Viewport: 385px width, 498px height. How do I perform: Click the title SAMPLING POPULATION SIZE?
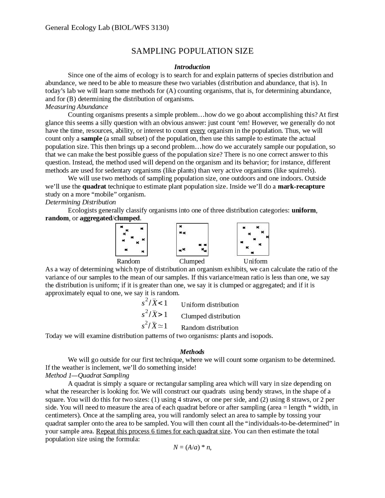[x=192, y=51]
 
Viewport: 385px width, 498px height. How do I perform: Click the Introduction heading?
[x=192, y=67]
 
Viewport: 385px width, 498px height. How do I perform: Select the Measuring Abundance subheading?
[x=76, y=107]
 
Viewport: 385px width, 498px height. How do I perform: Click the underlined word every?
[x=198, y=131]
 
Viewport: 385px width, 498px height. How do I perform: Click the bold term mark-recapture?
[x=301, y=186]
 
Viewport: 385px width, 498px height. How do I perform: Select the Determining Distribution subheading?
[x=80, y=202]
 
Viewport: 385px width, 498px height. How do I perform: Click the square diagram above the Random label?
[x=131, y=239]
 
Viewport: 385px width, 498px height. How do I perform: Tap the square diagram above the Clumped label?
[x=192, y=239]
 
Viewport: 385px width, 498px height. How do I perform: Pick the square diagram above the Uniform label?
[x=253, y=239]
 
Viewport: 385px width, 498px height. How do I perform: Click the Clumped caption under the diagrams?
[x=192, y=261]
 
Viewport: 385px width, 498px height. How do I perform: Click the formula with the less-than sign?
[x=154, y=303]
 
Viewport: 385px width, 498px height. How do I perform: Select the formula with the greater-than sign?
[x=154, y=315]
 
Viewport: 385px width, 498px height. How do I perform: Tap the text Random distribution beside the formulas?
[x=210, y=328]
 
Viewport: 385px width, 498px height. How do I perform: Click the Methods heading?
[x=192, y=352]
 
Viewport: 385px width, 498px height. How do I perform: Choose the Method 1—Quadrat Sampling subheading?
[x=87, y=376]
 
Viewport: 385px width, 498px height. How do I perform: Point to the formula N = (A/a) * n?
[x=192, y=447]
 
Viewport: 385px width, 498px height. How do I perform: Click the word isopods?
[x=261, y=336]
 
